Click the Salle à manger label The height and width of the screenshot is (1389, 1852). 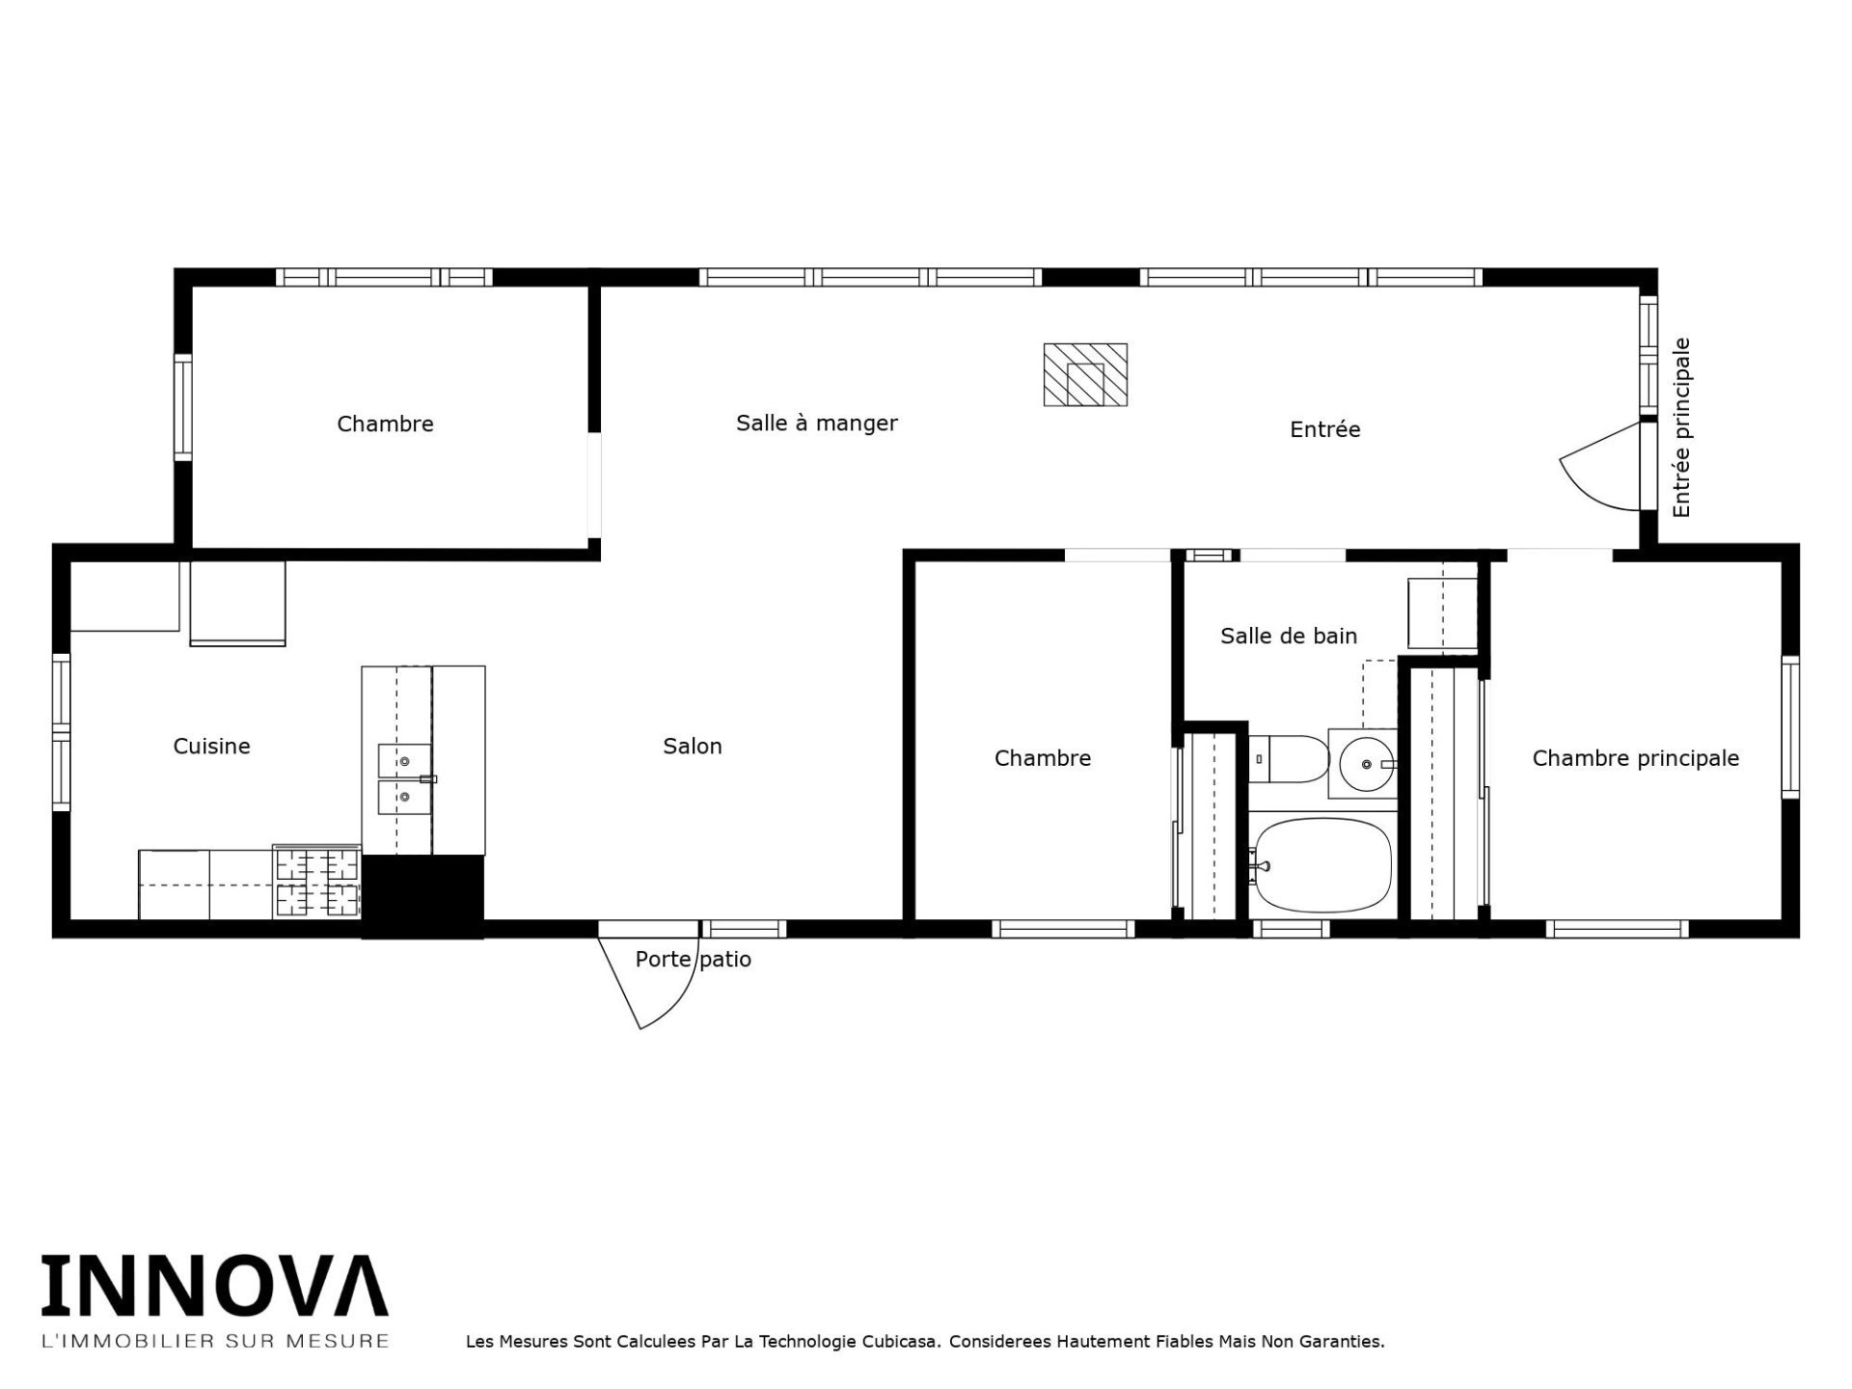point(816,423)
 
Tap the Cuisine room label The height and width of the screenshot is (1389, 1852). point(211,746)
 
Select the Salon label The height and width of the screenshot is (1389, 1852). point(693,746)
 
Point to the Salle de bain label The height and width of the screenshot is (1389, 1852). point(1289,636)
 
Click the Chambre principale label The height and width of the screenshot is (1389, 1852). point(1636,758)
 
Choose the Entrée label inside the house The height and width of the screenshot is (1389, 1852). point(1324,429)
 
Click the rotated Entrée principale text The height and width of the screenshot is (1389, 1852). point(1682,427)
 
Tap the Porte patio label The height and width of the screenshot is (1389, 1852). point(693,960)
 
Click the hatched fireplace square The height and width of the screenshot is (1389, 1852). point(1085,374)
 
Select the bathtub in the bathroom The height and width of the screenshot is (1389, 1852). point(1321,865)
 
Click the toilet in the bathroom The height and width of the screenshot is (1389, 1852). point(1289,759)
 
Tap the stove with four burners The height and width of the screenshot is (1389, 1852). point(316,883)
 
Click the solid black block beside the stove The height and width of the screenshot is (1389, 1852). point(422,896)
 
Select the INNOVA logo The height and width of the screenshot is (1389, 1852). point(214,1286)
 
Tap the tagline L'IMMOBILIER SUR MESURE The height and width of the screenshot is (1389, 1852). point(214,1341)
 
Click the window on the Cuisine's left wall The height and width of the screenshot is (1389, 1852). point(62,732)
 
